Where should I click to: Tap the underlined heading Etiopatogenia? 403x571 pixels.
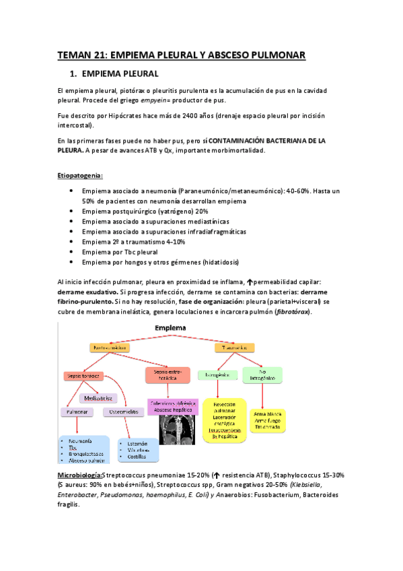coord(79,176)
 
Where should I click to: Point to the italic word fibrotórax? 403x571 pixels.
coord(291,312)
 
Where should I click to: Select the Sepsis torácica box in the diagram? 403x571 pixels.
coord(83,375)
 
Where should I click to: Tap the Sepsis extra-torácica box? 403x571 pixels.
coord(169,374)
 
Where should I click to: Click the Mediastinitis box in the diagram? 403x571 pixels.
coord(98,398)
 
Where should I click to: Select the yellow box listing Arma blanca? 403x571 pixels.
coord(269,418)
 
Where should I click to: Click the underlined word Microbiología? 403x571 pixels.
coord(80,476)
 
